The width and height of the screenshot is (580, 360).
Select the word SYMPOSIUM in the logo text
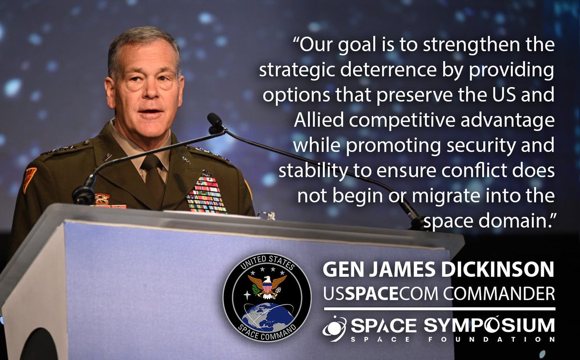tap(490, 326)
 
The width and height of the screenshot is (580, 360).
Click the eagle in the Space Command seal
tap(267, 285)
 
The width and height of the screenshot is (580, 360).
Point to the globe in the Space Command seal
tap(267, 316)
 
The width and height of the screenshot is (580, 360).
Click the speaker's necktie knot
tap(150, 161)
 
